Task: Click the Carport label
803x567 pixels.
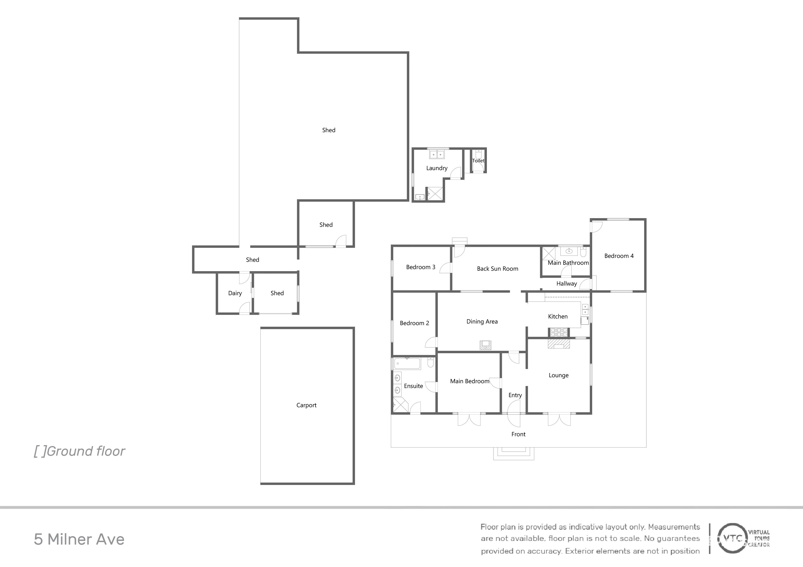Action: click(x=306, y=405)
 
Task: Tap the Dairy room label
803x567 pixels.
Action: click(x=235, y=293)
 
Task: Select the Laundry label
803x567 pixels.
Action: click(x=437, y=168)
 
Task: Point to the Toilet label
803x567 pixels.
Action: click(x=478, y=161)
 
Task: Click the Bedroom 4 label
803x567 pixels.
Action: click(x=619, y=256)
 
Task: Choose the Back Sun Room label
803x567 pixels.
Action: click(x=498, y=269)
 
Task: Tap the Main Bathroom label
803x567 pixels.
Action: click(x=568, y=263)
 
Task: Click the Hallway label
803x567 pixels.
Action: click(x=567, y=284)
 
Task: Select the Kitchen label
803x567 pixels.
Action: click(x=558, y=316)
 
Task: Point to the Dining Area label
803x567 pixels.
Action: click(x=482, y=321)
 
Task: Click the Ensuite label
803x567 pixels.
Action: click(x=413, y=386)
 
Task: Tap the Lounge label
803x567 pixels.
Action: click(x=559, y=375)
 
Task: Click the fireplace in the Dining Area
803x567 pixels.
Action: click(x=486, y=345)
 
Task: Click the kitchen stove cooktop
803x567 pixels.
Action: click(x=559, y=332)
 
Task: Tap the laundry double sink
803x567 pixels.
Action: click(x=437, y=154)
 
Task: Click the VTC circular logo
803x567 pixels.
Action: click(x=732, y=538)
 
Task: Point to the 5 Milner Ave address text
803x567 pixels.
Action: click(x=79, y=539)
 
